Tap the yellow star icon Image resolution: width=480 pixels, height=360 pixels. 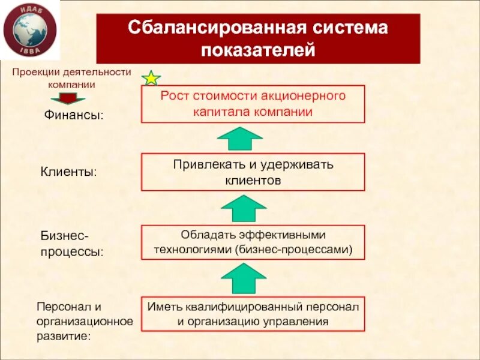(x=151, y=78)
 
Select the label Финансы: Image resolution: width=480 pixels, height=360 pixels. (x=74, y=115)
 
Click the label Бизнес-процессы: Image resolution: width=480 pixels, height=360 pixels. (x=71, y=243)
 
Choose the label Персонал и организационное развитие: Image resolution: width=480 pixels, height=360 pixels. (x=85, y=322)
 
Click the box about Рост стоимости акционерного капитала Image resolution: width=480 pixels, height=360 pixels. (x=253, y=104)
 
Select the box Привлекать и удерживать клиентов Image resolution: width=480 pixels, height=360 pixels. (x=253, y=172)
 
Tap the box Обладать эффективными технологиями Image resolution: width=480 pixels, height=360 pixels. (x=253, y=242)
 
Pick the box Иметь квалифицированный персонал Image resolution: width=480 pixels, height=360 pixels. (x=253, y=314)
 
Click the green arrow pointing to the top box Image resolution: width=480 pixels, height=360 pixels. (x=239, y=137)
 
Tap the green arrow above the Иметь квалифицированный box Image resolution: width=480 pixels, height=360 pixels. (x=243, y=278)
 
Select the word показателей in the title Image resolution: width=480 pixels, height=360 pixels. (x=258, y=50)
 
